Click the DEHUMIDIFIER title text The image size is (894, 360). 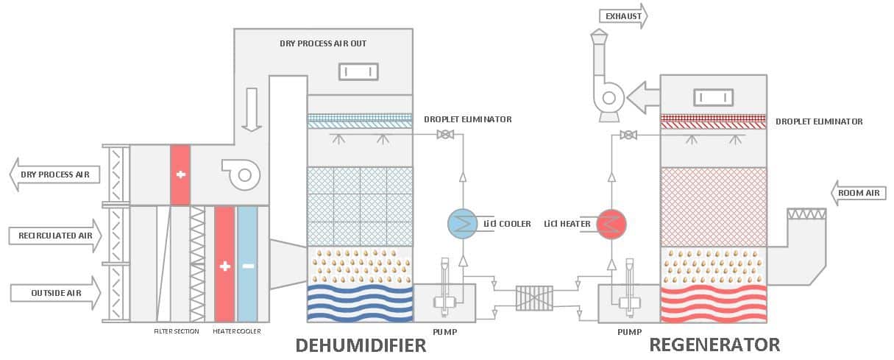[361, 345]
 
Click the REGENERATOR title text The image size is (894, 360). [714, 345]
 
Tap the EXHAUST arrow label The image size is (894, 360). [622, 15]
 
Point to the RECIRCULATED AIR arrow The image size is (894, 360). [55, 236]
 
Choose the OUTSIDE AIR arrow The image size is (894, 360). [55, 293]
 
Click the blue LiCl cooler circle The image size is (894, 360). [463, 224]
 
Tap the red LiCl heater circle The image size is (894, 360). [611, 224]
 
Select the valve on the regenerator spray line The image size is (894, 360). [628, 135]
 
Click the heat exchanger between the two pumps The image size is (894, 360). [535, 298]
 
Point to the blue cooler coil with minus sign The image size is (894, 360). [248, 264]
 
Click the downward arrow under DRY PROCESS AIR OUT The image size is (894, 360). [252, 109]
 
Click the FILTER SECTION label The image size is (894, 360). [176, 331]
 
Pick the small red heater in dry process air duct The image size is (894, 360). [180, 175]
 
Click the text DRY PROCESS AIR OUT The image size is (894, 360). [323, 43]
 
